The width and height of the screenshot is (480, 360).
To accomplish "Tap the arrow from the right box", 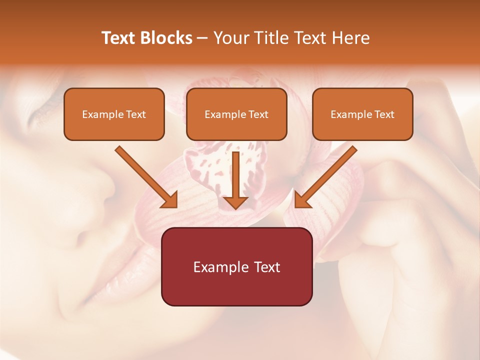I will (327, 175).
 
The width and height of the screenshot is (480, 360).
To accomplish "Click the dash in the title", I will (202, 38).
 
